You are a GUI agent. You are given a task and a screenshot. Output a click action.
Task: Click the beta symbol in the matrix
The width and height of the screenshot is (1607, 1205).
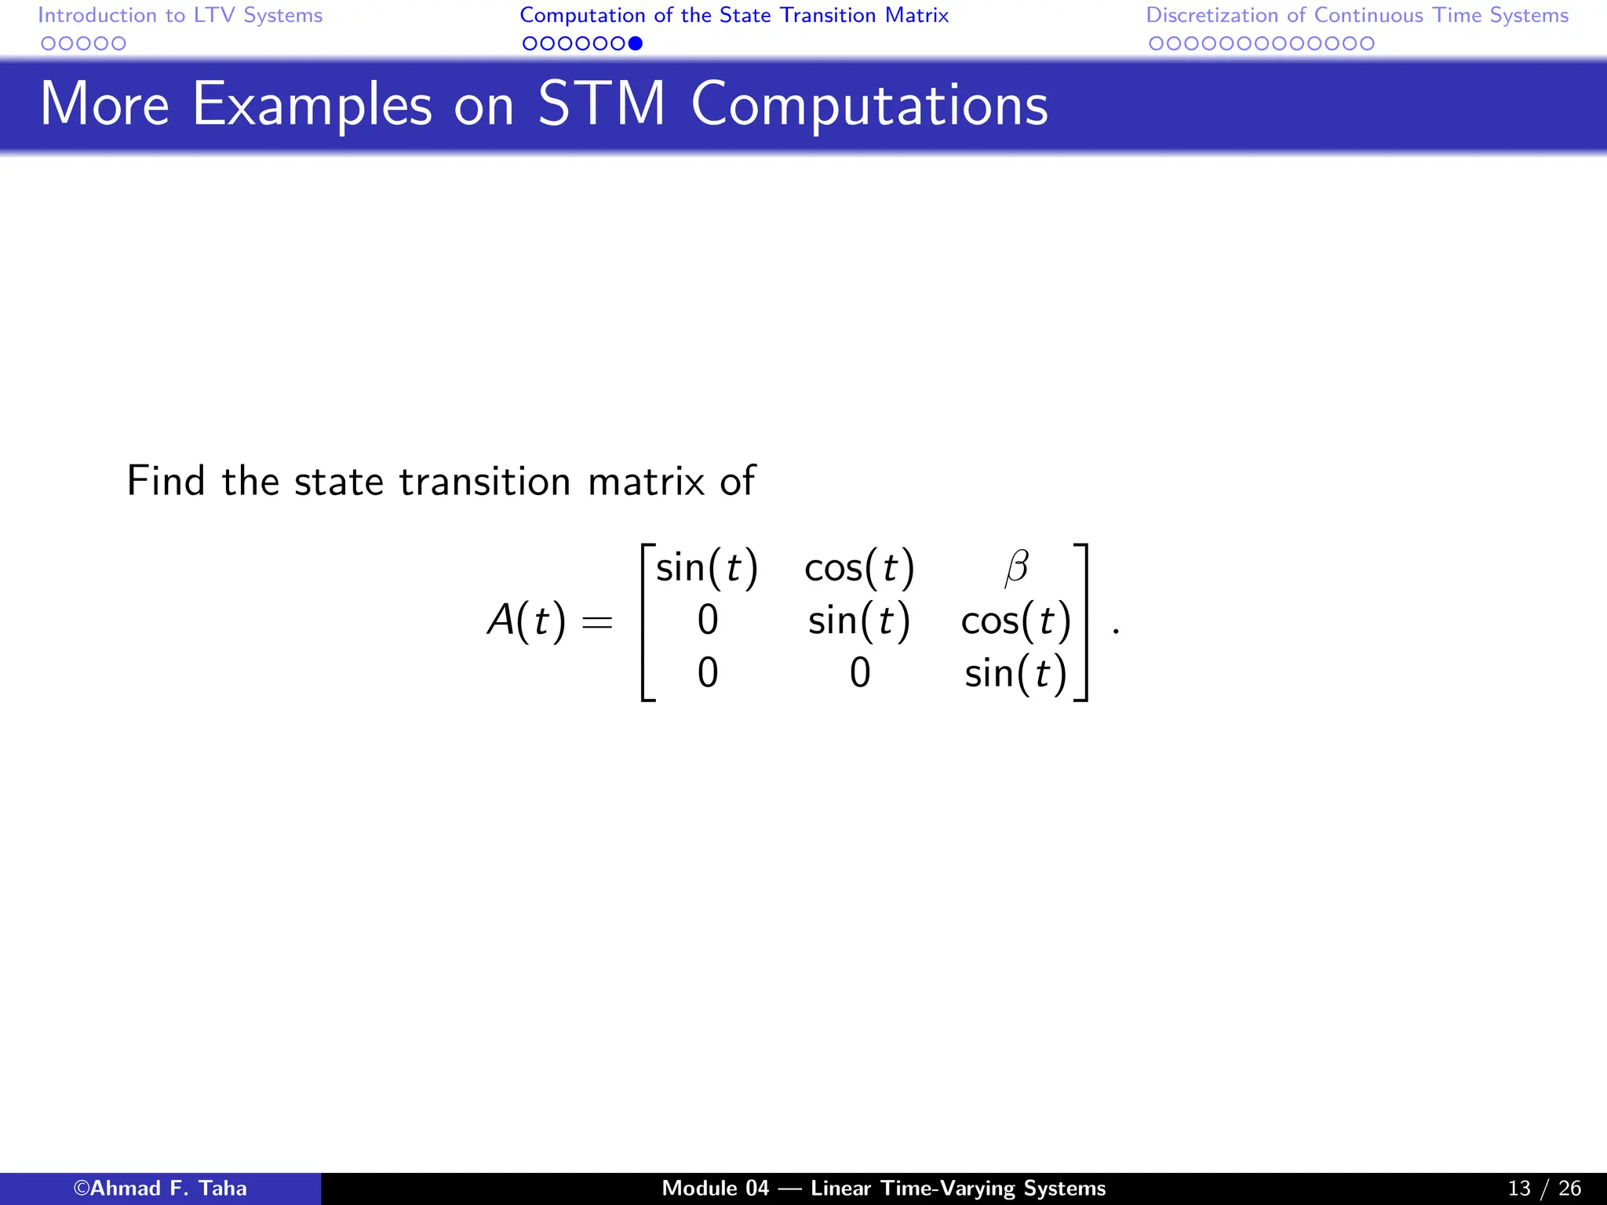point(1016,568)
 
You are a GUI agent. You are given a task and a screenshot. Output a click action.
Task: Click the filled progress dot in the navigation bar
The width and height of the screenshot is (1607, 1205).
point(636,44)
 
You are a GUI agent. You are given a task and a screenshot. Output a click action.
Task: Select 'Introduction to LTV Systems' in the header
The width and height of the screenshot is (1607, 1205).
point(180,16)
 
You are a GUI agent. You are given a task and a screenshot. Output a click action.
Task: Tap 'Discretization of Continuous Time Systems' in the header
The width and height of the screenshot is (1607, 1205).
point(1357,16)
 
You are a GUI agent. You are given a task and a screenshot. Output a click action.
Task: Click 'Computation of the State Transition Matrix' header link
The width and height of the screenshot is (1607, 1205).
point(734,16)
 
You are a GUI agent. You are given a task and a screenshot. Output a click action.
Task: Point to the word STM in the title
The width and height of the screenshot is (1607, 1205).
point(601,104)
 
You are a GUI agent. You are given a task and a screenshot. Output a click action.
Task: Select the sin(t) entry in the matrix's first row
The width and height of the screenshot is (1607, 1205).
point(706,568)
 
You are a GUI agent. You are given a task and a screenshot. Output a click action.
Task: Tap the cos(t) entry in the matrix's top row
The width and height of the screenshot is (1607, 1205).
point(859,568)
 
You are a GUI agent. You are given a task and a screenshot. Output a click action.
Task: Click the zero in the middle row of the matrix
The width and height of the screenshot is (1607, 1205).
point(708,621)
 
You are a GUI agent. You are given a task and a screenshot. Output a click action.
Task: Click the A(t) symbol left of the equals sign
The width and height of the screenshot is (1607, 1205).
point(527,621)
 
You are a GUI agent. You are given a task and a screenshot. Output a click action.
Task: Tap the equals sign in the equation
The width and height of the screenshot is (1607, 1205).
point(596,623)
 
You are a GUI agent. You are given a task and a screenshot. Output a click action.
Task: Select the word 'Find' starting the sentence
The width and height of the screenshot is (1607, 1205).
point(166,481)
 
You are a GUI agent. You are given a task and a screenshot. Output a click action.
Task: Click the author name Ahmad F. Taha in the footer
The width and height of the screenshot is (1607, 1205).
point(160,1189)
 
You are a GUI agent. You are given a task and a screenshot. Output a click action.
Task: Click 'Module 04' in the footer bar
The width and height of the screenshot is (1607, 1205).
point(715,1189)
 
